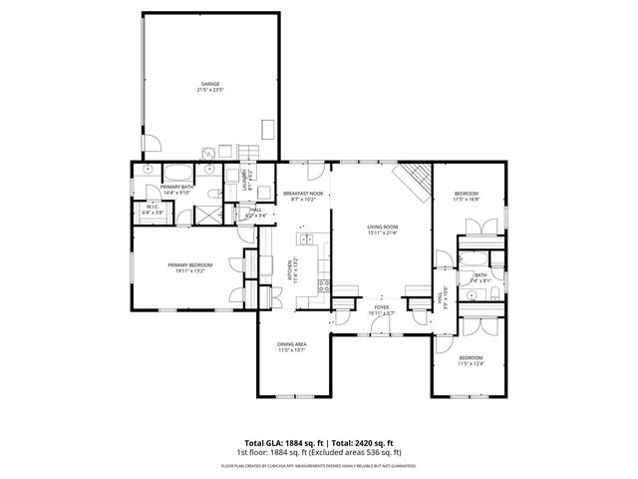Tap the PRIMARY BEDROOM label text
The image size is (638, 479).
point(185,264)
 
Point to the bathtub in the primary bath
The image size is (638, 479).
point(179,169)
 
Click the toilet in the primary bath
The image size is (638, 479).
point(148,171)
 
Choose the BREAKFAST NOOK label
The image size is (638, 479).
point(302,193)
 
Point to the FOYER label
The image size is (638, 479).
point(382,307)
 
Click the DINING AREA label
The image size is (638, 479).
point(292,344)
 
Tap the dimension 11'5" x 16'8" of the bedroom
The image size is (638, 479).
point(467,200)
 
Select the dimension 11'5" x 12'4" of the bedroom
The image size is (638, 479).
point(471,363)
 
